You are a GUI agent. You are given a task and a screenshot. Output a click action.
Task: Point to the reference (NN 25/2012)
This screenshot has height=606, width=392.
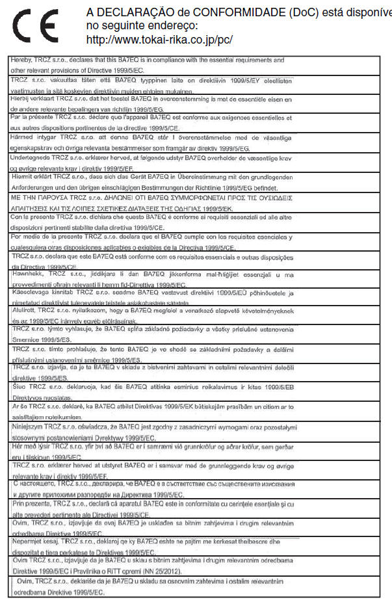pyautogui.click(x=163, y=570)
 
